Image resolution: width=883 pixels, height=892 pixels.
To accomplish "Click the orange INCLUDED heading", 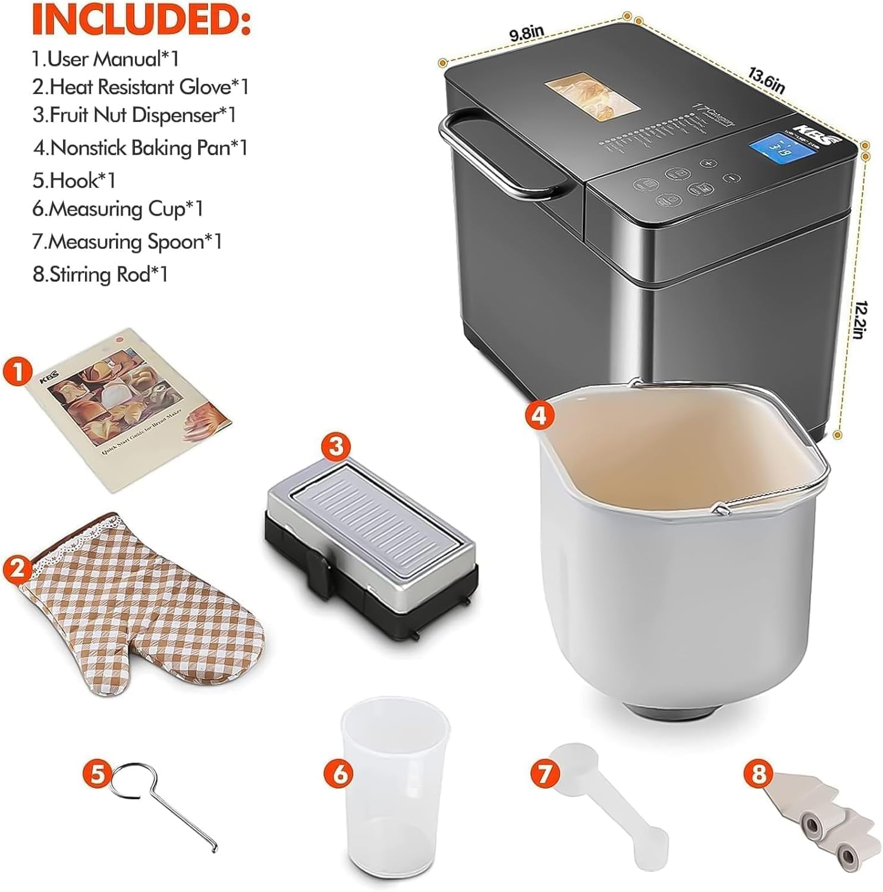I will click(141, 19).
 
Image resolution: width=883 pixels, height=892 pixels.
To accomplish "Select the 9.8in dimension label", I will click(526, 34).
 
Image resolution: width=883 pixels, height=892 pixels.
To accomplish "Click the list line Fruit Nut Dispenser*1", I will click(134, 115).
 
